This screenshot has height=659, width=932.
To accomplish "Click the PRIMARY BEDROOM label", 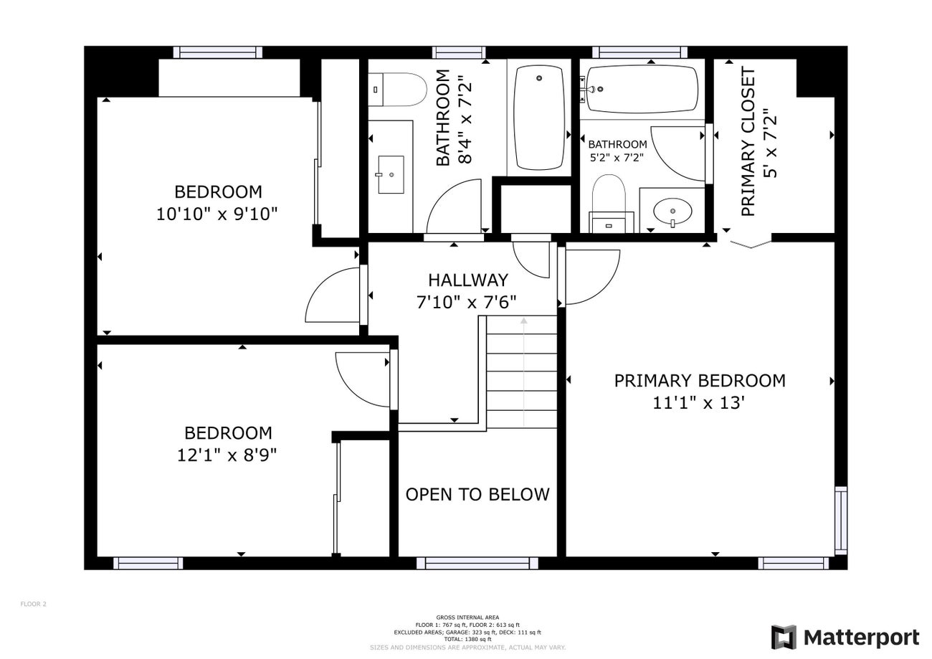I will click(699, 381).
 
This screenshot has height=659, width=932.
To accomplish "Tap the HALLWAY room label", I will click(467, 280).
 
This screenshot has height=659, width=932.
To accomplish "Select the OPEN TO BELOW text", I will click(477, 494).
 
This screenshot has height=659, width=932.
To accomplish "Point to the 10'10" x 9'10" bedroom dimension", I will click(217, 214).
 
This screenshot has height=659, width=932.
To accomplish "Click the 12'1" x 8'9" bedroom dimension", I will click(227, 455).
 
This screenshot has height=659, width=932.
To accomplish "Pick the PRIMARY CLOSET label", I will click(748, 141).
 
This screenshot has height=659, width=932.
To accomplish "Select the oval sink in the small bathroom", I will click(673, 212).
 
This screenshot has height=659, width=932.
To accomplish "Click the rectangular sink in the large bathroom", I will click(390, 174).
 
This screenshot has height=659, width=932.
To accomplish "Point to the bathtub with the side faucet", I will click(641, 90).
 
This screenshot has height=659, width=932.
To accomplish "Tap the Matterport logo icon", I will click(784, 637).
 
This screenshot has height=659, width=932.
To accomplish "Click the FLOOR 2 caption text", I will click(33, 604).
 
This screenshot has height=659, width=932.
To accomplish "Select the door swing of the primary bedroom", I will click(589, 275).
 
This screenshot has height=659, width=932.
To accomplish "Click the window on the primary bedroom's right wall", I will click(840, 520).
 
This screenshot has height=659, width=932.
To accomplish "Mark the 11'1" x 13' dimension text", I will click(699, 403).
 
